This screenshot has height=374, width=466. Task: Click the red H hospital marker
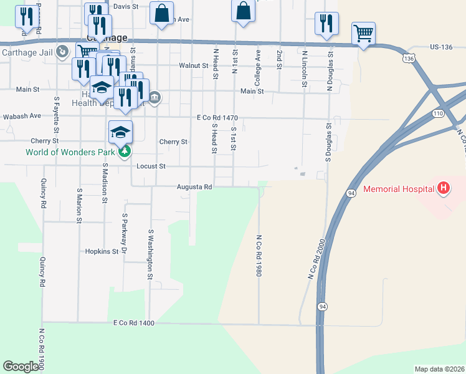[444, 188]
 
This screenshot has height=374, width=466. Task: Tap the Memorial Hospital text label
[399, 188]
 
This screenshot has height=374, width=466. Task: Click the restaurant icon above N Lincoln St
[326, 24]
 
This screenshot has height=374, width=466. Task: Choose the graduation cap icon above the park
[121, 131]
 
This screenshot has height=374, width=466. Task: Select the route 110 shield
[438, 113]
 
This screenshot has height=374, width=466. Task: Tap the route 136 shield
[408, 57]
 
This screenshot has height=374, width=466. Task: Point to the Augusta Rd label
[194, 186]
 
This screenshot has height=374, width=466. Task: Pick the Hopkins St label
[102, 251]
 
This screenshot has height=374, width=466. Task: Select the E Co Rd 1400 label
[133, 323]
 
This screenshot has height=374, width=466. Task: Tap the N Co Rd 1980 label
[258, 256]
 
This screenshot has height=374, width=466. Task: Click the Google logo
[21, 367]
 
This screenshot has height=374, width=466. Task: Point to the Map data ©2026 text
[439, 369]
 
